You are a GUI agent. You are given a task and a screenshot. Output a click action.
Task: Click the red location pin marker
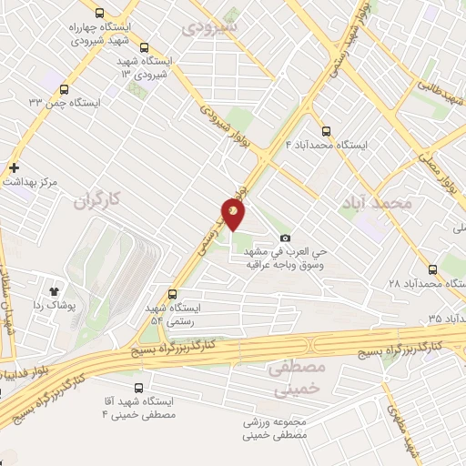(233, 214)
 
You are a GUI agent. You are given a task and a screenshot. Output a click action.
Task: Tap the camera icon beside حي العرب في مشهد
(285, 238)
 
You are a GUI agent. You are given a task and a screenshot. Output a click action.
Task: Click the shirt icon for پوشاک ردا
(54, 291)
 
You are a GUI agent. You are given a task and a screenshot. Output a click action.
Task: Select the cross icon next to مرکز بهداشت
(14, 167)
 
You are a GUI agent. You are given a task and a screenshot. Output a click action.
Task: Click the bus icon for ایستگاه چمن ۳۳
(63, 89)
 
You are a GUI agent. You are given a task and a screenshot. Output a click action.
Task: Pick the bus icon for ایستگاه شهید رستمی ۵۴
(173, 294)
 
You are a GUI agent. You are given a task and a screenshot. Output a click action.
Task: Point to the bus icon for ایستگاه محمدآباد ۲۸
(431, 270)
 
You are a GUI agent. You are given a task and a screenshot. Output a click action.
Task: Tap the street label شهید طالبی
(441, 94)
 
